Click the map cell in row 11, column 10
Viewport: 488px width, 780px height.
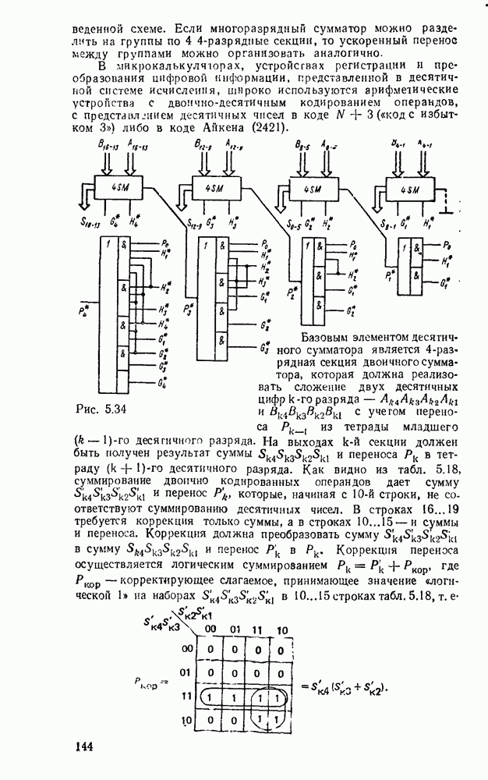click(283, 695)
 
